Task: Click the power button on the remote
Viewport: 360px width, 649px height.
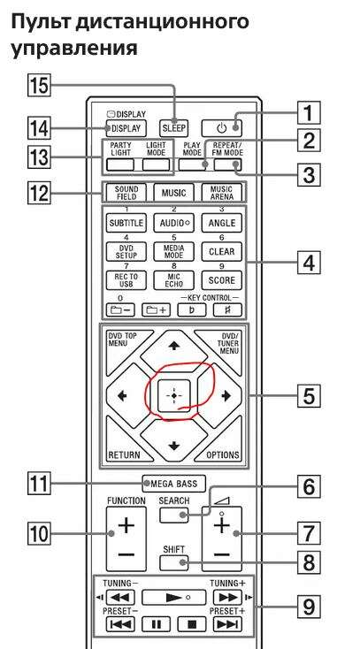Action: click(x=222, y=128)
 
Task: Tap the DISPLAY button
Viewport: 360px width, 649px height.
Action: click(x=126, y=128)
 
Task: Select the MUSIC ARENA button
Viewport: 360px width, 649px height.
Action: click(x=222, y=193)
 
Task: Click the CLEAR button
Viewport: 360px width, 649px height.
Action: click(x=222, y=252)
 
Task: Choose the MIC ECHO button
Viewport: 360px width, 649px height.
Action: click(x=174, y=280)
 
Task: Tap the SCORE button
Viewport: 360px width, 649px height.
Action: click(x=222, y=280)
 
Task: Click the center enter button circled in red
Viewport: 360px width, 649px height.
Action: click(x=174, y=396)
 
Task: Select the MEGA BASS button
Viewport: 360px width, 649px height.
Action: click(x=174, y=483)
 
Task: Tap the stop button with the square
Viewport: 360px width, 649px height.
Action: click(x=191, y=624)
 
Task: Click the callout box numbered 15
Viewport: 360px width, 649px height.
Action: click(x=38, y=88)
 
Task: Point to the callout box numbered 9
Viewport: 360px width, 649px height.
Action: click(x=309, y=607)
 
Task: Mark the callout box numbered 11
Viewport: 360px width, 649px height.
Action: click(x=38, y=483)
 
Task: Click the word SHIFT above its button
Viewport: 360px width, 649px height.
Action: click(x=173, y=550)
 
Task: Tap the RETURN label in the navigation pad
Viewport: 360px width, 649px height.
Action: click(x=125, y=454)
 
